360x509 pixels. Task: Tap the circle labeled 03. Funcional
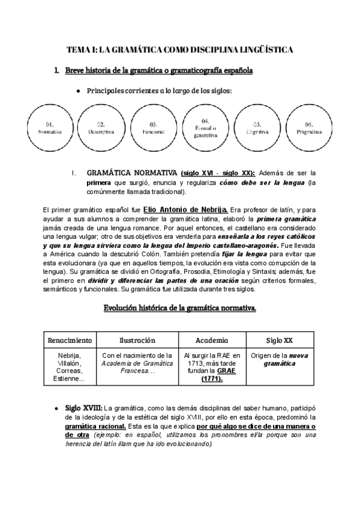click(x=153, y=128)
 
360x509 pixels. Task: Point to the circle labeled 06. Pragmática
click(x=309, y=128)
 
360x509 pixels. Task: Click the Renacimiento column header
click(x=70, y=340)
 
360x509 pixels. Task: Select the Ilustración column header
click(x=137, y=340)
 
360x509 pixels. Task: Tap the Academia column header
click(x=212, y=340)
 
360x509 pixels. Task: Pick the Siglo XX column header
click(x=280, y=340)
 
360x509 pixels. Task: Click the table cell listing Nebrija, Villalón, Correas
click(x=70, y=367)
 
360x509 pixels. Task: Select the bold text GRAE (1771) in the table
click(x=212, y=375)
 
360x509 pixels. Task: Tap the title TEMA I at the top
click(x=179, y=50)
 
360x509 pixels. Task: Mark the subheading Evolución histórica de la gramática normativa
click(x=179, y=309)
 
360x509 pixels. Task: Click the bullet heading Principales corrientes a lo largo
click(x=159, y=91)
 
